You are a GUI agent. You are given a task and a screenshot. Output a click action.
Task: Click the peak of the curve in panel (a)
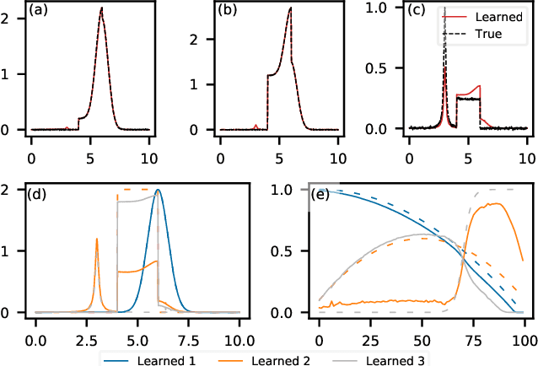coord(102,8)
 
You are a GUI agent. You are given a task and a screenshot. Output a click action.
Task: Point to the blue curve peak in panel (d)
coord(158,190)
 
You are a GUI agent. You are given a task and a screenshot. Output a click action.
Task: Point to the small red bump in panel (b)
coord(256,126)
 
